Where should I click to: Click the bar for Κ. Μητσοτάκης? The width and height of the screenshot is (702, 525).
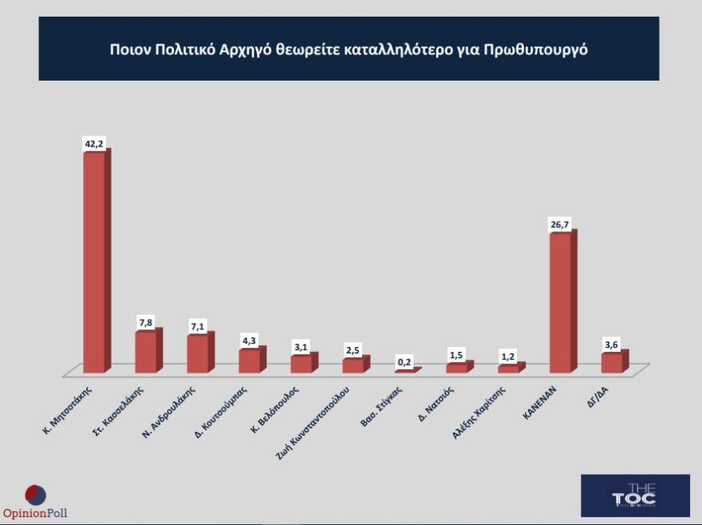94,262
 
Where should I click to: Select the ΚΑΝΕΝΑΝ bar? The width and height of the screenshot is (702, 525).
561,303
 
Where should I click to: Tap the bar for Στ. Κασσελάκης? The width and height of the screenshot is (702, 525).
146,353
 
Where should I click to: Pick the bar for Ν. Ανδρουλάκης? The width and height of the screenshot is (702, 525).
198,354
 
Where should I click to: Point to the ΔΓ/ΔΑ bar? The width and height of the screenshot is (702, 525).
612,363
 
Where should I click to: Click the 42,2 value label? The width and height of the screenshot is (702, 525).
94,144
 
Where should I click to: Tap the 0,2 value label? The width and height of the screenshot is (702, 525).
405,361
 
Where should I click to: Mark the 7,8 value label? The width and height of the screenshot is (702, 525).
147,322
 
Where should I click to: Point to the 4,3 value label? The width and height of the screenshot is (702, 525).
250,341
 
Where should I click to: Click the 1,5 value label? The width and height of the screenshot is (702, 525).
457,354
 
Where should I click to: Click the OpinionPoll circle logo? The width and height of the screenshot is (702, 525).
36,495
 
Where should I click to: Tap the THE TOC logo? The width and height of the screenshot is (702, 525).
635,495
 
